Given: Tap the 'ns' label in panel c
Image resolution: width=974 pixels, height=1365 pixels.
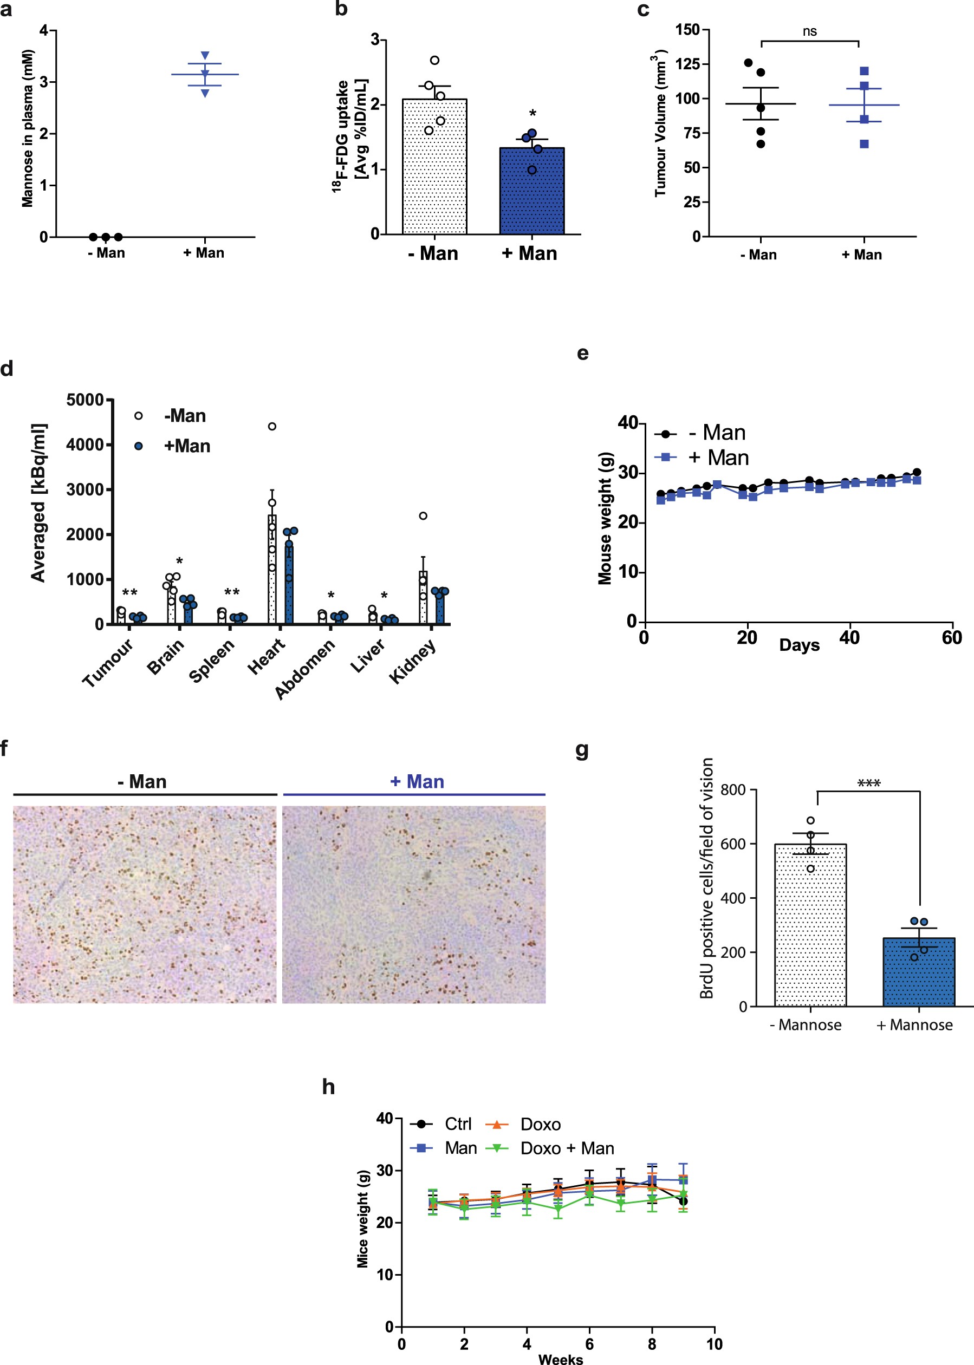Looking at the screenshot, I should coord(809,31).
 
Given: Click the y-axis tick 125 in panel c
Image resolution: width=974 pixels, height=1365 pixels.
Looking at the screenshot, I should coord(688,64).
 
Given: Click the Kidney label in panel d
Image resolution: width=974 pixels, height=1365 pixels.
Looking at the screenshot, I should coord(412,661).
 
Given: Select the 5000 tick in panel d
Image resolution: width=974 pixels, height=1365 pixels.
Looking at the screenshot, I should coord(85,400).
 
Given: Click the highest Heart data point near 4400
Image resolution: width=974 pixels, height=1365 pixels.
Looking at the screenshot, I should coord(272,426).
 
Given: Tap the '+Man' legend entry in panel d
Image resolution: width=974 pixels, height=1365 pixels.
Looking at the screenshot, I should coord(186,446).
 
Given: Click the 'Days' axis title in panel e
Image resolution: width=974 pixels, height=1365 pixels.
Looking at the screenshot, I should coord(799,645).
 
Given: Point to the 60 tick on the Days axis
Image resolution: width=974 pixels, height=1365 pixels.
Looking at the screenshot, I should coord(951,637).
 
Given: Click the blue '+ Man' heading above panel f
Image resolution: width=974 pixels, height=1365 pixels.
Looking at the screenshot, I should coord(417,782).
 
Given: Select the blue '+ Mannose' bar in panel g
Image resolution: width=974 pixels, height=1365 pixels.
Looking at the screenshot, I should coord(918,974).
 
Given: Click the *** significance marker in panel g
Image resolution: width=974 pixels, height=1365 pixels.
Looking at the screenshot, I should coord(868,783).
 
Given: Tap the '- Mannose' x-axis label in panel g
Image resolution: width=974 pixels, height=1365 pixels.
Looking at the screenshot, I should coord(805,1024).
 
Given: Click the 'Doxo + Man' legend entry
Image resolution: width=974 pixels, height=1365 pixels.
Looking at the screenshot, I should coord(567,1148).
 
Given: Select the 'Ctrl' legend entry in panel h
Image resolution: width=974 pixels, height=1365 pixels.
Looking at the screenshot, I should coord(458,1124).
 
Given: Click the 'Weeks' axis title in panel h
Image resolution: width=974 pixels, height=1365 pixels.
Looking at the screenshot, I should coord(560,1359).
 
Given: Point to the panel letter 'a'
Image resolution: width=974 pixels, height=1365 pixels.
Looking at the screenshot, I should coord(6,10).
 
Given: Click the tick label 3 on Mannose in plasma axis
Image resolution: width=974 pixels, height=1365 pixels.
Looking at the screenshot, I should coord(44,82).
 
